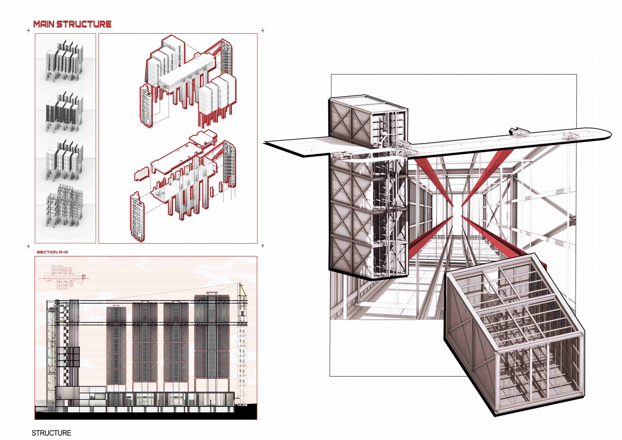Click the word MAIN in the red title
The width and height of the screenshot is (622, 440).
point(44,24)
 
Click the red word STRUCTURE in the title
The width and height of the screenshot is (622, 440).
point(84,24)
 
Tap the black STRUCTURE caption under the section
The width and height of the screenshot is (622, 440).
point(52,433)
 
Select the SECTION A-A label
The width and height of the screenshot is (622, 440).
point(52,252)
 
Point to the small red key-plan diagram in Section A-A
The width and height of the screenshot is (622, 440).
point(64,277)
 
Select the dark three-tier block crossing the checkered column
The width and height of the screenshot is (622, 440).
point(68,357)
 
